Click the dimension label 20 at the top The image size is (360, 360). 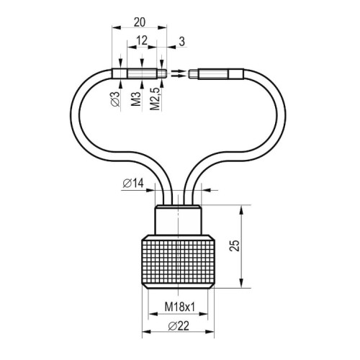coord(140,22)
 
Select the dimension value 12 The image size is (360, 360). coord(142,40)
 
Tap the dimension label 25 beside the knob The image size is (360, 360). coord(235,246)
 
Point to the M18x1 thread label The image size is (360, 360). coord(180,307)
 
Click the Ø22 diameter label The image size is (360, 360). coord(179,326)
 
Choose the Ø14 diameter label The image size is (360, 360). coord(133,184)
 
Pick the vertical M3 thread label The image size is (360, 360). coord(136,99)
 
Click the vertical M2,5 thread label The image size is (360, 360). coord(155,99)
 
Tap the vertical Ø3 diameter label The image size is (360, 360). coord(115,99)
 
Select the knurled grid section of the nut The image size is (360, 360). coord(178,262)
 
